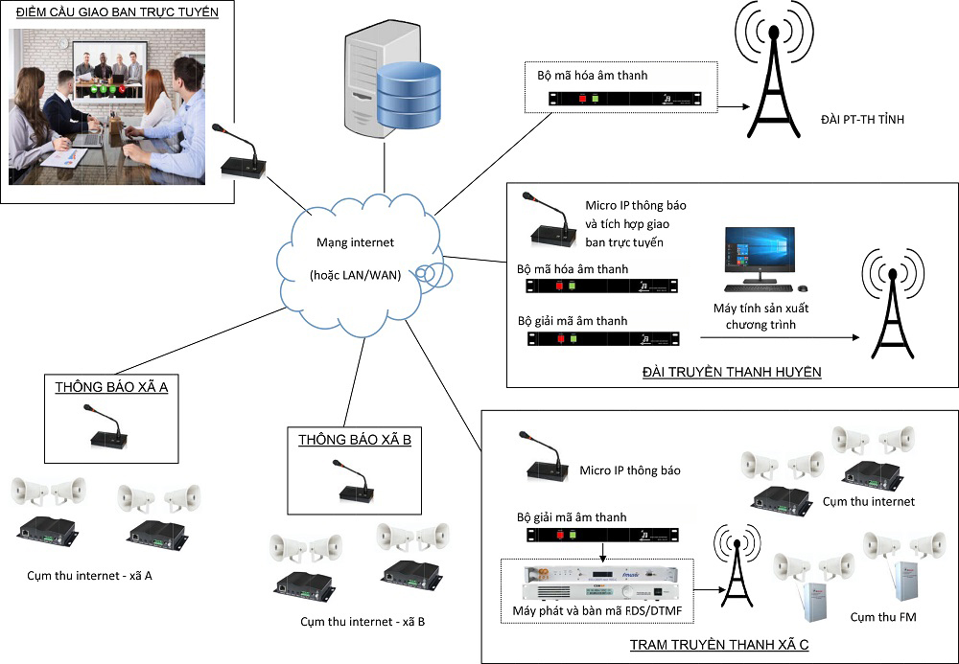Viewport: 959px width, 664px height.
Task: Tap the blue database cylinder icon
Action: pyautogui.click(x=408, y=94)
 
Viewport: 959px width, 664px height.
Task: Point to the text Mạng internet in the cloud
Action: pyautogui.click(x=355, y=243)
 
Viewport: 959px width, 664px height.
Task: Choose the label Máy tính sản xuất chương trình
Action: pyautogui.click(x=756, y=317)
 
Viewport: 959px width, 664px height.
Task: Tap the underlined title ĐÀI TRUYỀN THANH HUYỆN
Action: pyautogui.click(x=731, y=372)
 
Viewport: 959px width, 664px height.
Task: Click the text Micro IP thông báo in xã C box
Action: pyautogui.click(x=630, y=471)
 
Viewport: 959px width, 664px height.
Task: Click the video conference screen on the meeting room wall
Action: pyautogui.click(x=109, y=69)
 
